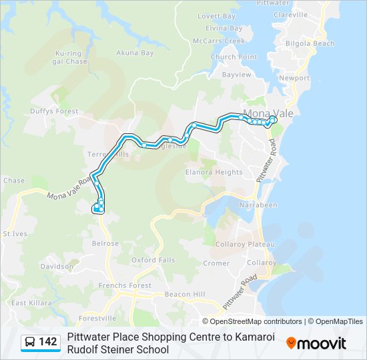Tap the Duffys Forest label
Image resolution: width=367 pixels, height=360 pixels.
54,111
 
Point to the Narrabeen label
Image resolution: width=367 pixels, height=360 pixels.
258,205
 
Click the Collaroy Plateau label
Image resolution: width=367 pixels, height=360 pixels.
244,244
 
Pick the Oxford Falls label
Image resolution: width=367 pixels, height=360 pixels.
153,260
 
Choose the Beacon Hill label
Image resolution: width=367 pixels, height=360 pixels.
185,294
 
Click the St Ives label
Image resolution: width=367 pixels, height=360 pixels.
15,234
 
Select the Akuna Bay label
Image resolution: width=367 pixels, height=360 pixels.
135,53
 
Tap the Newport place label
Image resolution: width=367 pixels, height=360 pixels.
294,78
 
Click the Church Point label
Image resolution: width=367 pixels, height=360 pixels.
233,57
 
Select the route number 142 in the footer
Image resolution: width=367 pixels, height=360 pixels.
47,342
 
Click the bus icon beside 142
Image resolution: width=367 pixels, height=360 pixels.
30,342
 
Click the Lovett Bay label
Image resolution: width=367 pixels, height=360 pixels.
216,16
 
